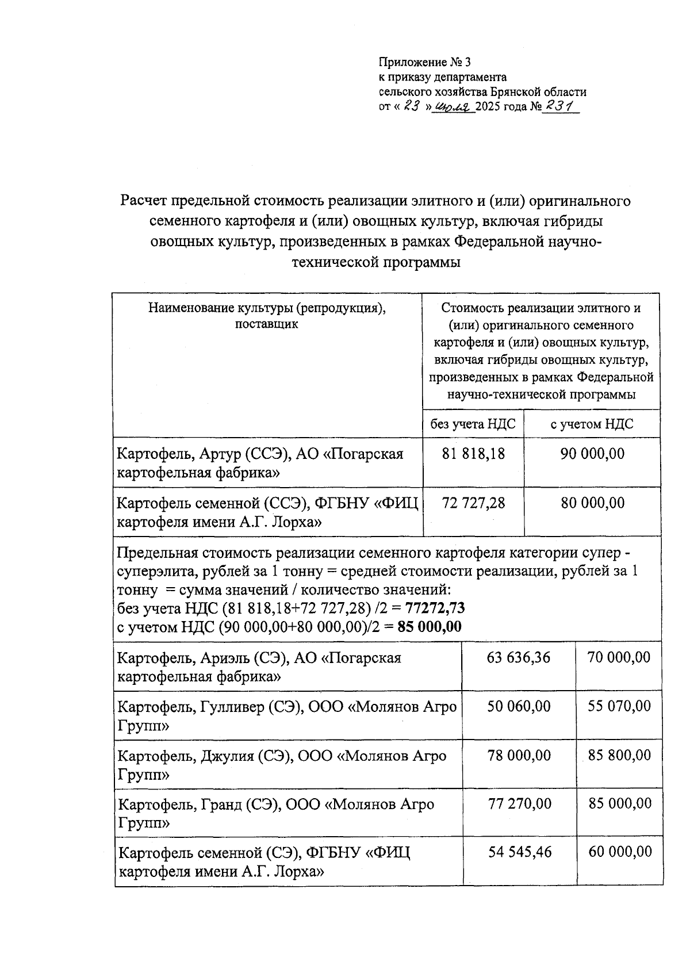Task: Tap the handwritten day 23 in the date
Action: click(411, 106)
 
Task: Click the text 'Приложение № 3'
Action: click(424, 62)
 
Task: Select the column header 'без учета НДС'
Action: click(473, 424)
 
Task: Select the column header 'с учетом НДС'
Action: click(592, 424)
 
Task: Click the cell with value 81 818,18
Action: click(473, 454)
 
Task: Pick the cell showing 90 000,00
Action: click(592, 454)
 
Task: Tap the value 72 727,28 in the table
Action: click(473, 503)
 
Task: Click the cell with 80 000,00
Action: click(592, 503)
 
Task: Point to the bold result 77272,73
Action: click(435, 608)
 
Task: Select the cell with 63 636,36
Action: click(518, 657)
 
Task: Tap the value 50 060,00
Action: click(519, 706)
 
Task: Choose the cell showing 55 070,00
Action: click(619, 706)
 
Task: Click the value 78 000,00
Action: click(519, 755)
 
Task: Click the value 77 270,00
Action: click(519, 803)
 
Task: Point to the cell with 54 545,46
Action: click(520, 852)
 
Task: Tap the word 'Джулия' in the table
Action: click(227, 756)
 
